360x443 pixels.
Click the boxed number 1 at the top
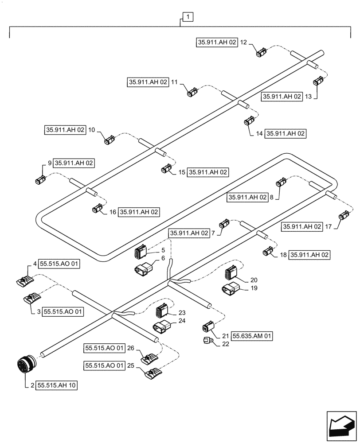pos(188,17)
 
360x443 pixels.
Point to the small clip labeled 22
pos(207,341)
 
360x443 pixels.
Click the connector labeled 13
pos(318,82)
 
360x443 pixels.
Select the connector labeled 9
pos(39,180)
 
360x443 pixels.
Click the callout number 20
pos(253,280)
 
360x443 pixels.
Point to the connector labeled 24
pos(160,327)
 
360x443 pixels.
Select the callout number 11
pos(174,82)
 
